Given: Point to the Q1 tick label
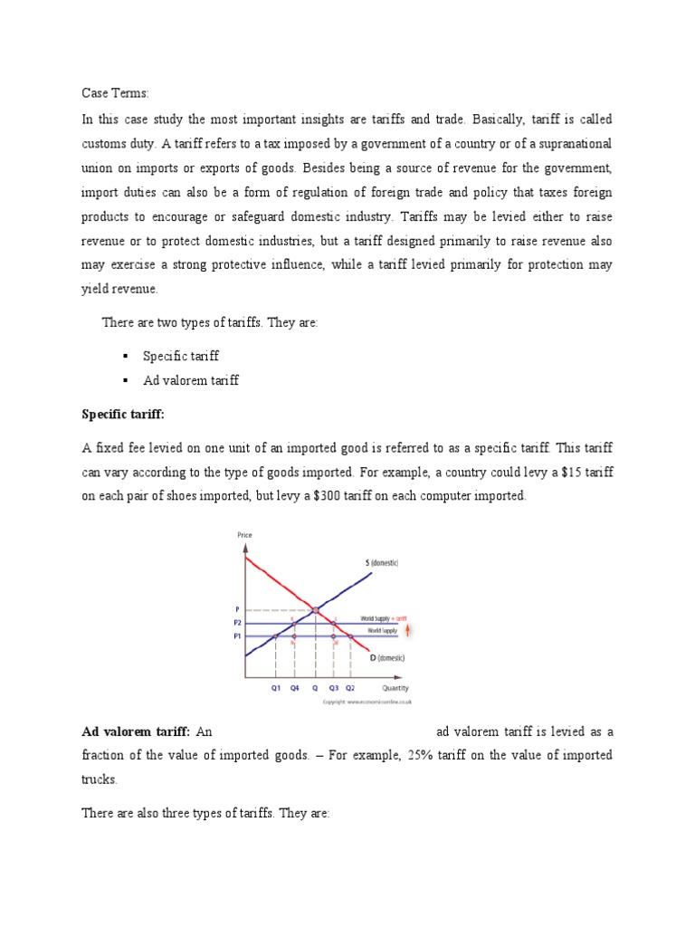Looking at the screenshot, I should click(x=276, y=688).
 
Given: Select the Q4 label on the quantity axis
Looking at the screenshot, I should click(x=294, y=688).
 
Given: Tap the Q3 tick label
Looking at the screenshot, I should click(x=334, y=688).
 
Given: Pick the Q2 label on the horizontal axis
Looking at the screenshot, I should click(x=351, y=688).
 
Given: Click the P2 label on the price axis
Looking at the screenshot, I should click(x=238, y=623).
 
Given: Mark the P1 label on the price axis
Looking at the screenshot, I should click(x=238, y=636).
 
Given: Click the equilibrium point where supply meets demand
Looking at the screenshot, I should click(x=315, y=610).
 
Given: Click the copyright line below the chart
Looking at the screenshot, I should click(x=367, y=702).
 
